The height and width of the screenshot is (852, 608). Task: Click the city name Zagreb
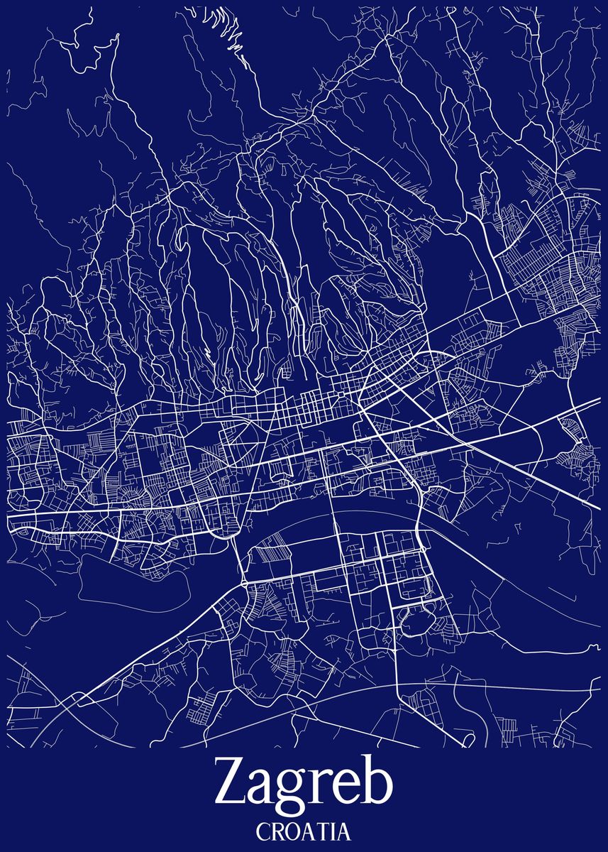click(304, 785)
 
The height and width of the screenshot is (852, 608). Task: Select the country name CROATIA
click(304, 830)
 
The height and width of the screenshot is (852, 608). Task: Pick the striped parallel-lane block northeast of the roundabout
click(270, 551)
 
